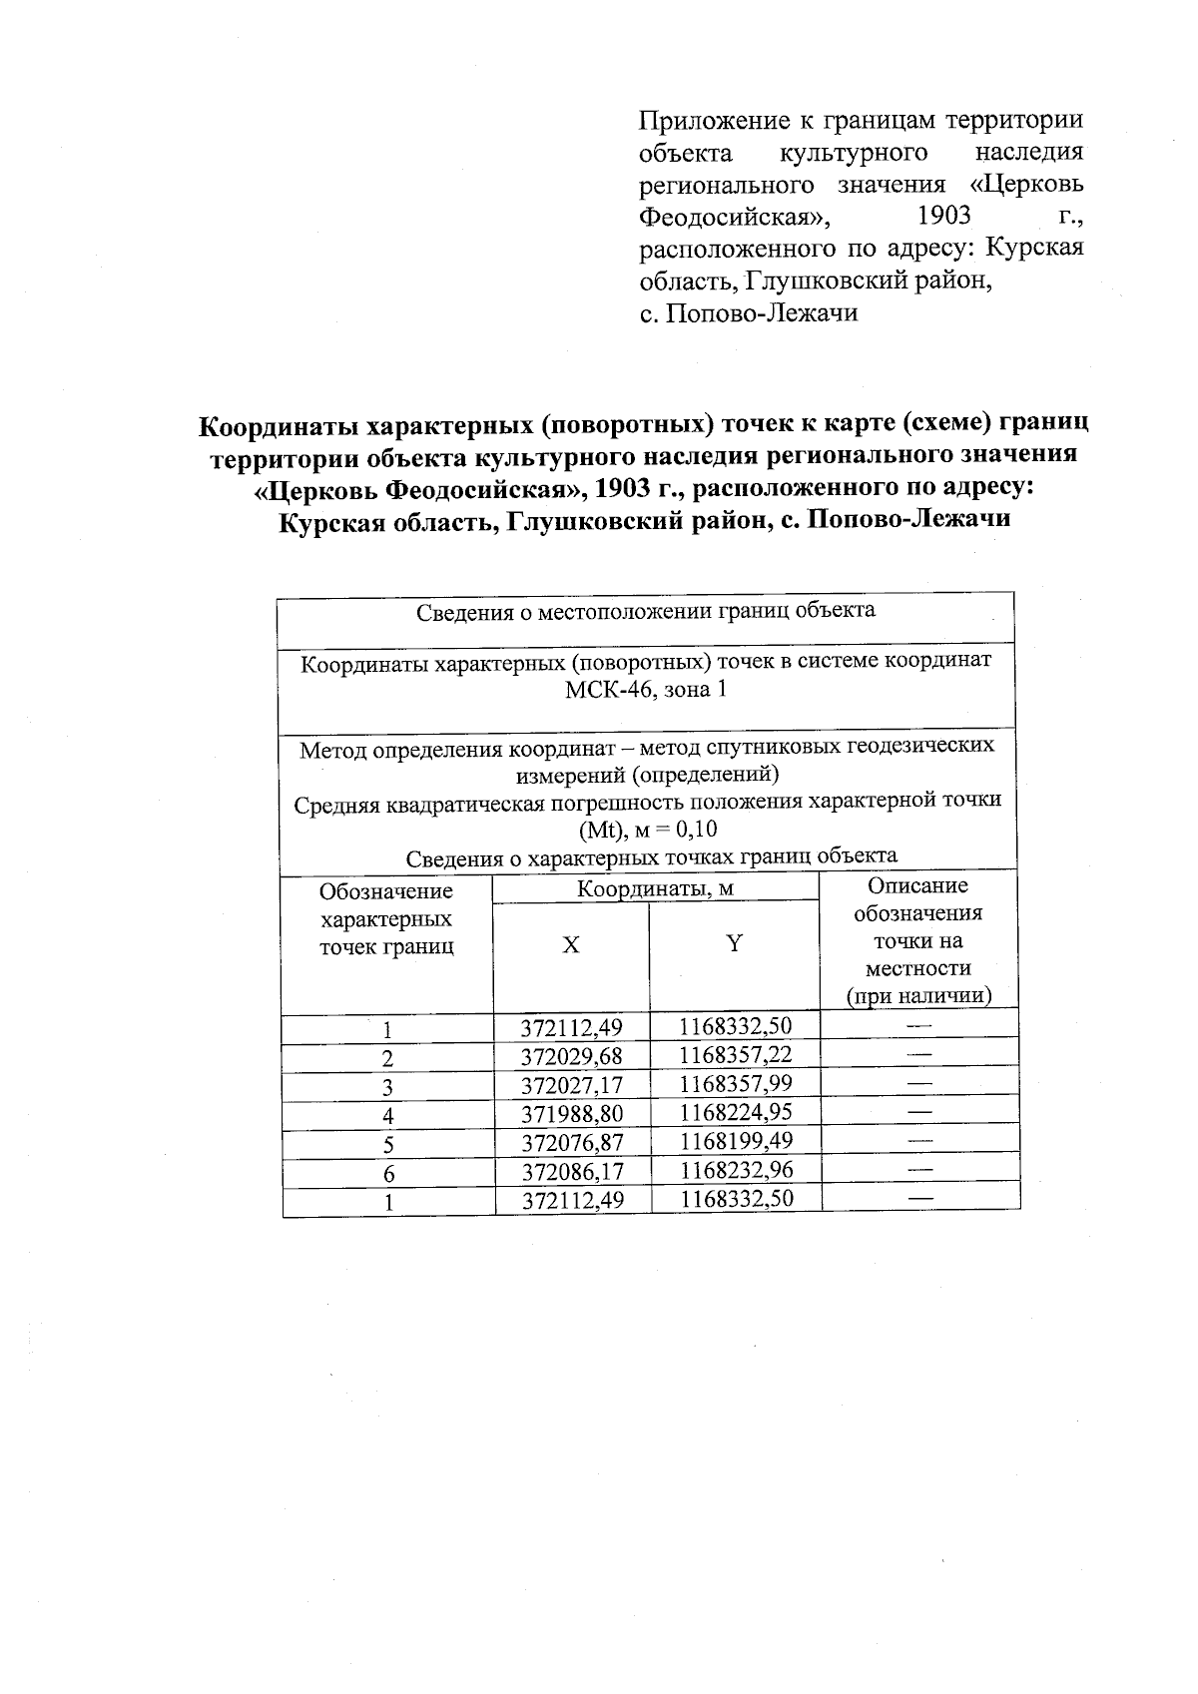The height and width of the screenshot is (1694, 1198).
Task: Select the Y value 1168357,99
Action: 736,1084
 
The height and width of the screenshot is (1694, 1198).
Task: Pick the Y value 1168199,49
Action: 736,1141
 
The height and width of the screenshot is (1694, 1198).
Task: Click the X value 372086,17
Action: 572,1171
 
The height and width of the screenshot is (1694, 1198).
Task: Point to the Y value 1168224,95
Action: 736,1112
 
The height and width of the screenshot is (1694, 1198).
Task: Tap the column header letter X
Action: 570,944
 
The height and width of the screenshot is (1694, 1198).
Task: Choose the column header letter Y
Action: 734,942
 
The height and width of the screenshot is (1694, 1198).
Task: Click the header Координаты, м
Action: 655,889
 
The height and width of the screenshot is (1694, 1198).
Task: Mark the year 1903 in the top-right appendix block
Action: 942,216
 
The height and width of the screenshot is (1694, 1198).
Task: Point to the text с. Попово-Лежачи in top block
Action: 748,313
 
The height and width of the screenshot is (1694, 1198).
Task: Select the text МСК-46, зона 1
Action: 645,691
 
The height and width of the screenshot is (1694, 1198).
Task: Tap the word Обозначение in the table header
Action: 385,891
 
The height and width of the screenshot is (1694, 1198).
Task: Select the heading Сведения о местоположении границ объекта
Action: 645,611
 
